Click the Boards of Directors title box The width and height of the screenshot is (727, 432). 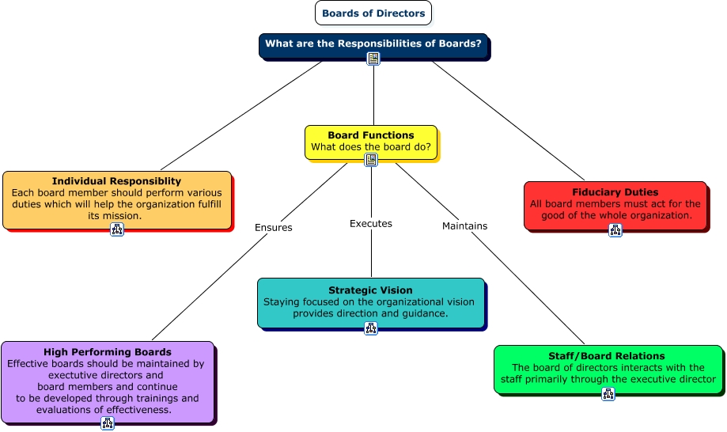373,13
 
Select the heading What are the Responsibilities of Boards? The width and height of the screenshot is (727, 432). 373,44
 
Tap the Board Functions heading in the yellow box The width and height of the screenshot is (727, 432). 371,135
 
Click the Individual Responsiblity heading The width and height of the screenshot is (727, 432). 116,181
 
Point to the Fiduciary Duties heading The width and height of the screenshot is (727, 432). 615,192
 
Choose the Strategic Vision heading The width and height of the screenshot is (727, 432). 370,290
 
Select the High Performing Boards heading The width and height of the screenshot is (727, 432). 108,352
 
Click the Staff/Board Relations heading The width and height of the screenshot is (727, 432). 607,356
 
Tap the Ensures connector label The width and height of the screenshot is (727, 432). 273,228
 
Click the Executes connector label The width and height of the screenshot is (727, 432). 371,224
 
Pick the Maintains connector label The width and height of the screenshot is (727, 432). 464,226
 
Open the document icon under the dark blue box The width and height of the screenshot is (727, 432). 373,59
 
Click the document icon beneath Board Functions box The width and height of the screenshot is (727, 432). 371,160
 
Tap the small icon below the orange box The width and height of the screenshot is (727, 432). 117,229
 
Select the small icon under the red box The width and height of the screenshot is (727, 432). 615,230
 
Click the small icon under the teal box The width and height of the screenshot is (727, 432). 371,328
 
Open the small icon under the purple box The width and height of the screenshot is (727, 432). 108,423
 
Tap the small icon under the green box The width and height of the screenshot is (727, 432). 608,394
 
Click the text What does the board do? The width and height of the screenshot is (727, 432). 371,147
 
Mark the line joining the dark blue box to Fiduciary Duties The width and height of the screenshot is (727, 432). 506,119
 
